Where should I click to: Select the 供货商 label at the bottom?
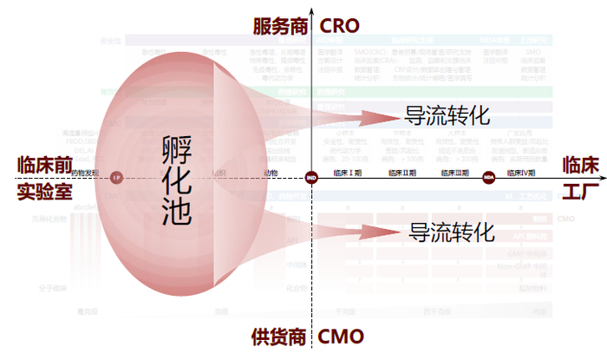(279, 336)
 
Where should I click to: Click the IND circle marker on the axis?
(312, 178)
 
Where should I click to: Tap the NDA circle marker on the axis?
(489, 178)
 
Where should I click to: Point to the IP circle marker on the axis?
(116, 178)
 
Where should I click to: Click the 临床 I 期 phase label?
(349, 173)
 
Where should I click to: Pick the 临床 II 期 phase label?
(401, 173)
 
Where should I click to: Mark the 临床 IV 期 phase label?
(519, 173)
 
